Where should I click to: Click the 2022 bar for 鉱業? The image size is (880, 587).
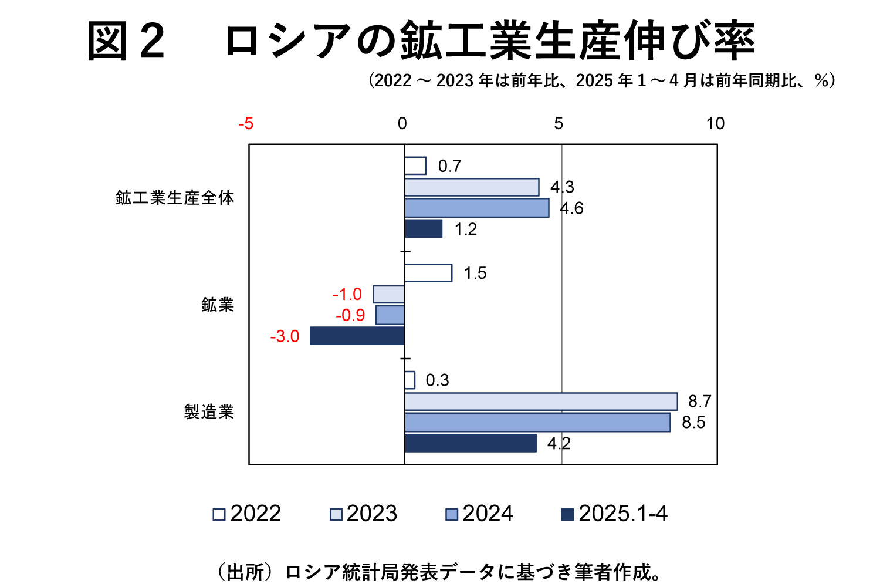click(428, 273)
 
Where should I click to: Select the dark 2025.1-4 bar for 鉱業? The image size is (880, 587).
click(357, 336)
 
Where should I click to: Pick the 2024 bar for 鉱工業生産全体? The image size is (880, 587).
click(476, 208)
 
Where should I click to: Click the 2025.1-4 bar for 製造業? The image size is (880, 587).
click(471, 443)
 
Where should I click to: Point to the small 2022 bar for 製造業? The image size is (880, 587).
click(409, 380)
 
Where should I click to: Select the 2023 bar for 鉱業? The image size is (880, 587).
click(389, 294)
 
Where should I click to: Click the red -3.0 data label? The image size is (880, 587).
click(285, 336)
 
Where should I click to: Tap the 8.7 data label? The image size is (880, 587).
click(699, 402)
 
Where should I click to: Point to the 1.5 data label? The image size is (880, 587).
click(475, 273)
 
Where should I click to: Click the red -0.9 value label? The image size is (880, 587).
click(350, 315)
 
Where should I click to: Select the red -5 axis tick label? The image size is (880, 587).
click(246, 123)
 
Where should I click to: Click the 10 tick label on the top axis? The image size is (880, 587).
click(715, 123)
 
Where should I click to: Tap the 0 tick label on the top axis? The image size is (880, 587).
click(402, 123)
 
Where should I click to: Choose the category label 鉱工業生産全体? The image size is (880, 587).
click(175, 198)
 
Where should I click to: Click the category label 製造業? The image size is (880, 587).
click(209, 411)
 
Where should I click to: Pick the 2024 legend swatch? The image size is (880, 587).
click(452, 515)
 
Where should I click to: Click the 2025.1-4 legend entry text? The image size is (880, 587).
click(623, 514)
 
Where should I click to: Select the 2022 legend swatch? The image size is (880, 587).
click(219, 515)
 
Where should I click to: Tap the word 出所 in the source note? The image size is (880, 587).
click(245, 571)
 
